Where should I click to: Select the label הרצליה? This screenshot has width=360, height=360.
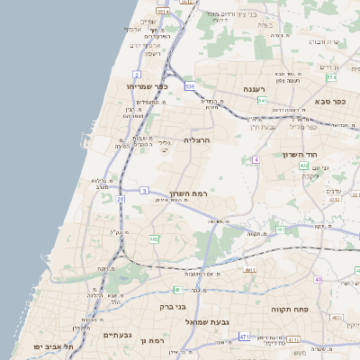197,140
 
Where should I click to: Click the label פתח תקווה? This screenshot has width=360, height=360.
291,309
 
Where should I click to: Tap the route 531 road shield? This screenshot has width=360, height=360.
190,85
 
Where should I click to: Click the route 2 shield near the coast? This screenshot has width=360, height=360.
136,73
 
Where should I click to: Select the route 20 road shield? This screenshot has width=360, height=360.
120,198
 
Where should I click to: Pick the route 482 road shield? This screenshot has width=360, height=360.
154,238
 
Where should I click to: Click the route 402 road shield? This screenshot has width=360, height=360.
304,166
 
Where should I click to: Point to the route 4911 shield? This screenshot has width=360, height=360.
249,268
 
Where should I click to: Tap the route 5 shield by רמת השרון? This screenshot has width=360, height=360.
144,190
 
